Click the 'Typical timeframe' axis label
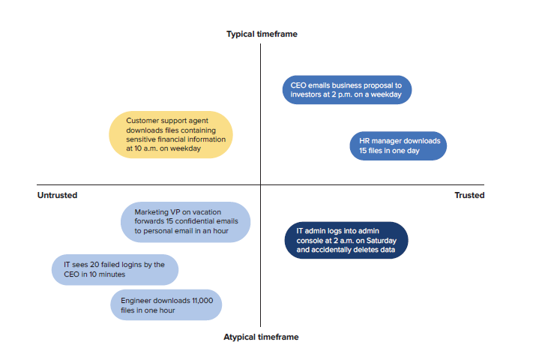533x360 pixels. [262, 34]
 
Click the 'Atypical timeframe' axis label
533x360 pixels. [261, 337]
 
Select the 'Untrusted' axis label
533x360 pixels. [57, 195]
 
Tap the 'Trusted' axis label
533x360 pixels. [469, 195]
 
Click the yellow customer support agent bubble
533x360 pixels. [171, 134]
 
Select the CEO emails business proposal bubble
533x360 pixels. [347, 90]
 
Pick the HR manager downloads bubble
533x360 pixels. [398, 145]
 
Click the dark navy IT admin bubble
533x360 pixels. [346, 240]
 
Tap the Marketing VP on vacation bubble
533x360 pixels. [186, 222]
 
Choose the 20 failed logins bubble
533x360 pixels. [115, 269]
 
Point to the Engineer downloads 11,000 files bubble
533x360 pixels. [166, 305]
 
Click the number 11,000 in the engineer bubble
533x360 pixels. [202, 301]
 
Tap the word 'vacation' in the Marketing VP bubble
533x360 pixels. [207, 212]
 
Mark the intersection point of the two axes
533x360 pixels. [261, 185]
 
